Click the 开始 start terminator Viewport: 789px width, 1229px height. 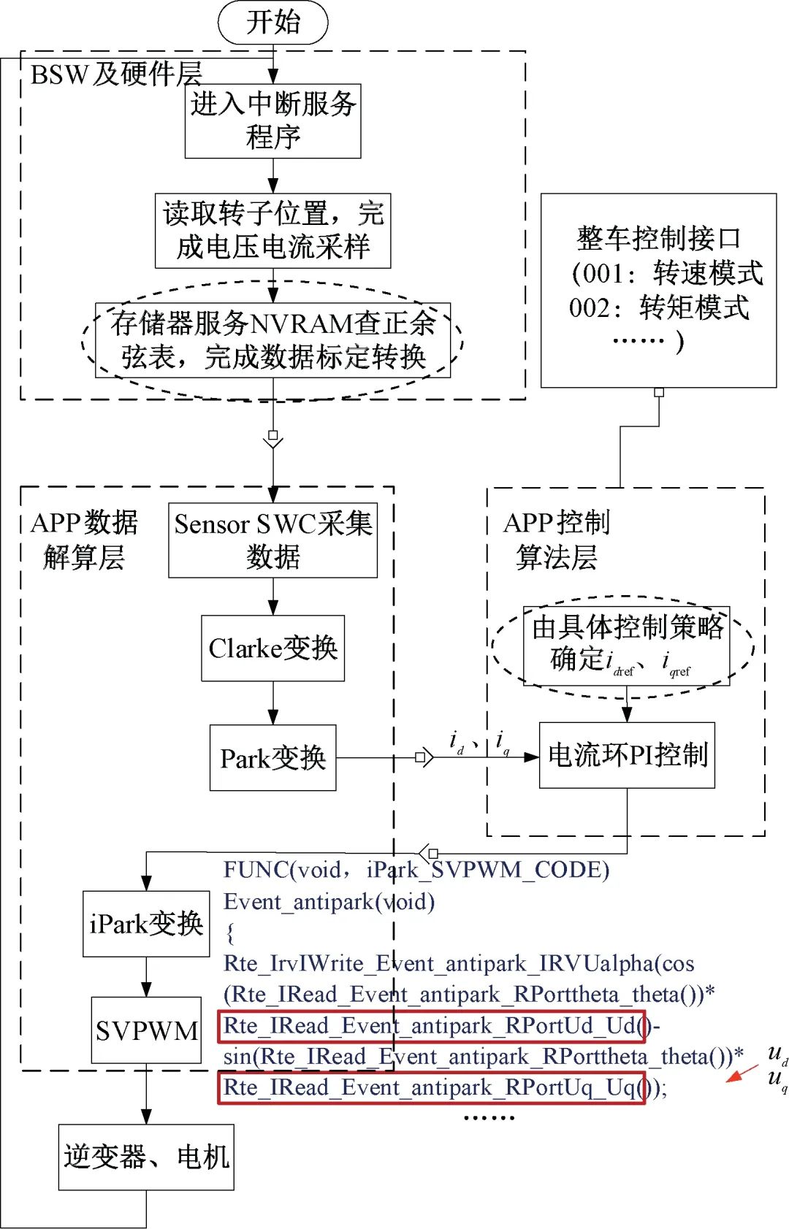click(x=272, y=22)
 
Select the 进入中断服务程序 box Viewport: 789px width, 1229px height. click(x=272, y=121)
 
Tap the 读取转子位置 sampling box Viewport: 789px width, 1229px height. click(x=272, y=231)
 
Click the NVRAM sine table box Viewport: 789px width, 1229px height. click(x=272, y=340)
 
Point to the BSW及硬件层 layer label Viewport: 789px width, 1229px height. click(x=115, y=74)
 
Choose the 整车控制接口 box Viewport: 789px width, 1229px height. click(x=658, y=290)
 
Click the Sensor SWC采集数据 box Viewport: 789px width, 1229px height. click(x=272, y=540)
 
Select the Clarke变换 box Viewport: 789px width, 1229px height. click(x=272, y=648)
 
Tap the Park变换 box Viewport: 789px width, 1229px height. click(x=272, y=758)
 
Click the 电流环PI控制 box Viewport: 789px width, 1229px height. click(x=627, y=755)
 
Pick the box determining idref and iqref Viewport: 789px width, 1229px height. click(x=626, y=646)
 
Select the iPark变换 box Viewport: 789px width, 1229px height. click(x=146, y=924)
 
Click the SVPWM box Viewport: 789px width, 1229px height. click(x=146, y=1030)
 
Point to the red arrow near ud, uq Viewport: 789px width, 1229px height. click(x=742, y=1074)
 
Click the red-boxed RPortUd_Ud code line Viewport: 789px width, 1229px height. click(x=431, y=1026)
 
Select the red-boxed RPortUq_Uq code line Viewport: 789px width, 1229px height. click(x=431, y=1088)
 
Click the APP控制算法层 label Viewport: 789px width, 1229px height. click(x=557, y=540)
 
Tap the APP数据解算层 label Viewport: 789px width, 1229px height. click(x=84, y=540)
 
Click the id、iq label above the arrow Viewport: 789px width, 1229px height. click(x=479, y=743)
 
